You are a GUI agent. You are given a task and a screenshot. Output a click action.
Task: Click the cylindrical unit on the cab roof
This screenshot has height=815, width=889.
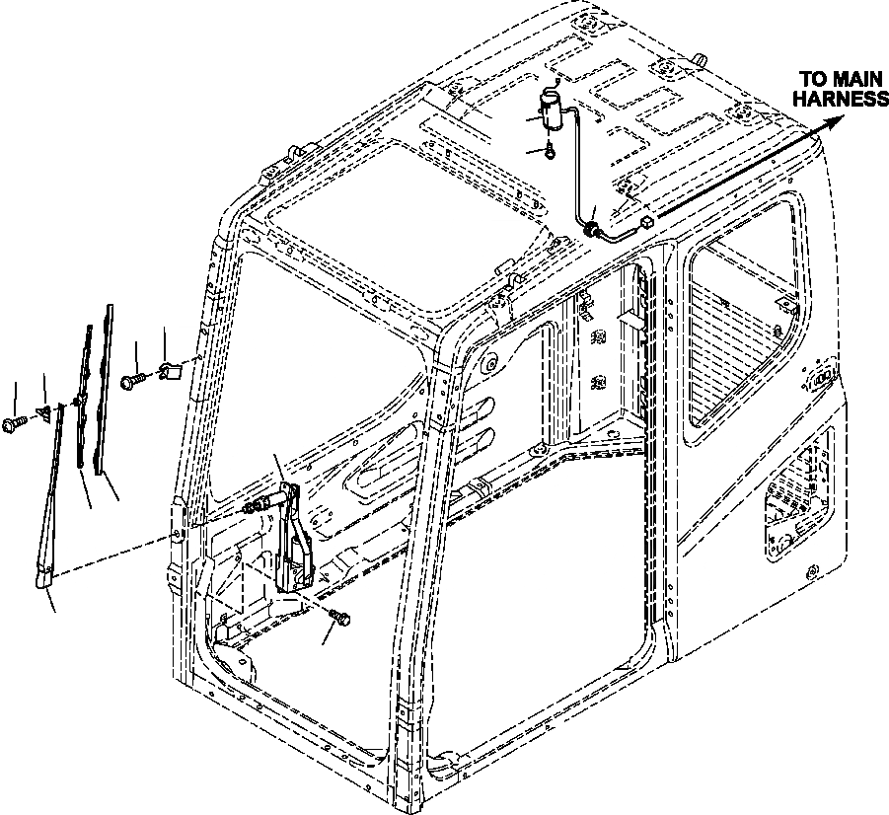coord(552,110)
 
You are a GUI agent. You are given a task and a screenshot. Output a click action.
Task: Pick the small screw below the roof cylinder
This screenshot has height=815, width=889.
coord(550,150)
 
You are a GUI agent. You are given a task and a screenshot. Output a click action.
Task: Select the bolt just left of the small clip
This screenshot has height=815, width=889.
coord(133,378)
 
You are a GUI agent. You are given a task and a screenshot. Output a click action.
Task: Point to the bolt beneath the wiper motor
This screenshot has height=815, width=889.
coord(341,618)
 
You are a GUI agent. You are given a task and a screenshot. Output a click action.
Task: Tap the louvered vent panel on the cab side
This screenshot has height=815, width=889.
coord(799,492)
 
